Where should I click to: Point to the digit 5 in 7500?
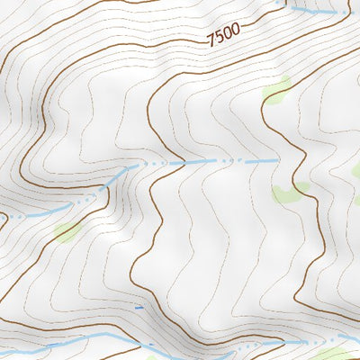point(220,37)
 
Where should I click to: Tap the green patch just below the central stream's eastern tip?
point(289,192)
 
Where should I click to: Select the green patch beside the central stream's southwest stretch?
point(66,232)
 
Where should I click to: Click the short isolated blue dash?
point(139,308)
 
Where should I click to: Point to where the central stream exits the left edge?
point(2,217)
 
